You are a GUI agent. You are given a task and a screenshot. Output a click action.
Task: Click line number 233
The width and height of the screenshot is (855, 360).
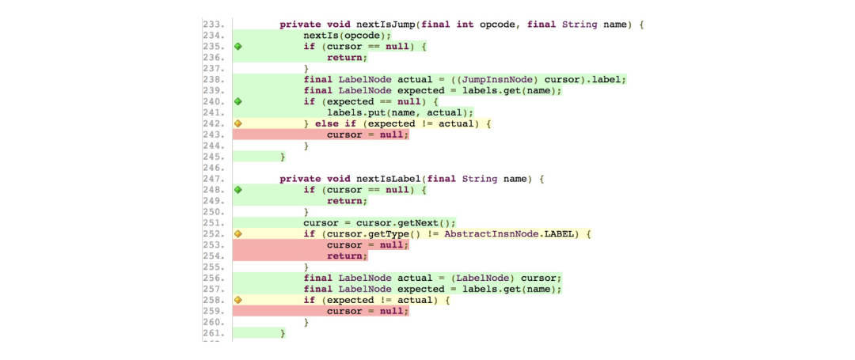(x=213, y=25)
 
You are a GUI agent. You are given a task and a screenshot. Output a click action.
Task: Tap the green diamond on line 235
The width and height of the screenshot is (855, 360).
(x=237, y=47)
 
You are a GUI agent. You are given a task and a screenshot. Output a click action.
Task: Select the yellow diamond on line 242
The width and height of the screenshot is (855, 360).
(x=237, y=123)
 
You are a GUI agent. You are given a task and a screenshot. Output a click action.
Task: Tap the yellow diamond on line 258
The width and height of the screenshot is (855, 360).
(x=237, y=300)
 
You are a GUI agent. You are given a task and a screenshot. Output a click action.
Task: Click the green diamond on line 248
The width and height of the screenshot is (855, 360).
(x=237, y=190)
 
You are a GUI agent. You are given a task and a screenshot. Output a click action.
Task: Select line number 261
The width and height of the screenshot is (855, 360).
(x=213, y=333)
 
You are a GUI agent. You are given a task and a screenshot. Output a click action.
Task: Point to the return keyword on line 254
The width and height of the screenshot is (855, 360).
(x=347, y=256)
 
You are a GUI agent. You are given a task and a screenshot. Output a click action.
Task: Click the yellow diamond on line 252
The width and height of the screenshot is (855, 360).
(x=237, y=234)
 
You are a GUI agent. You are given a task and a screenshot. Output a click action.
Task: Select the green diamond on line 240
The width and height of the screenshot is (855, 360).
(x=237, y=101)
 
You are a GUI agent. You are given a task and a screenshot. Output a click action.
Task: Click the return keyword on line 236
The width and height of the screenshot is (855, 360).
(x=347, y=57)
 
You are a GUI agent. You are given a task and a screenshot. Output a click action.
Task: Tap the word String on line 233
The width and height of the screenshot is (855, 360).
(x=579, y=25)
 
